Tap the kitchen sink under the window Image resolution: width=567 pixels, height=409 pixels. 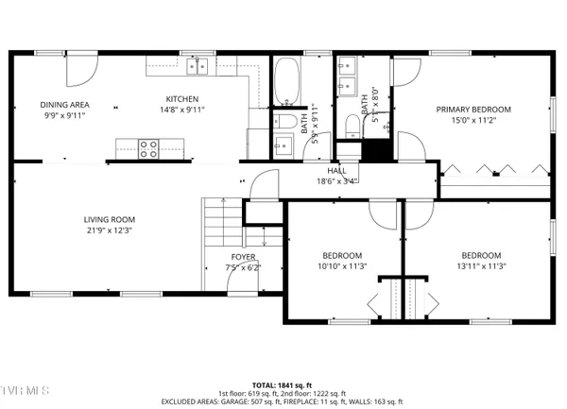point(198,65)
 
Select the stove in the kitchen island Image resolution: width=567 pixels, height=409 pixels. point(147,147)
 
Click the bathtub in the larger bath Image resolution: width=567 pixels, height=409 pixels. point(285,83)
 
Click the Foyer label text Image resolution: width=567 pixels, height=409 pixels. point(243,257)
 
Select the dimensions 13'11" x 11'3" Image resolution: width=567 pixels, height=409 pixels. point(484,265)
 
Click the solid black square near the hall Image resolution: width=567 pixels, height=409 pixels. point(377,150)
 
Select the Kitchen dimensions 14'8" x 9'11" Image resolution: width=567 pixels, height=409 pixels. point(181,110)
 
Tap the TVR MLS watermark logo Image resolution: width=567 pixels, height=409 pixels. point(25,387)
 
